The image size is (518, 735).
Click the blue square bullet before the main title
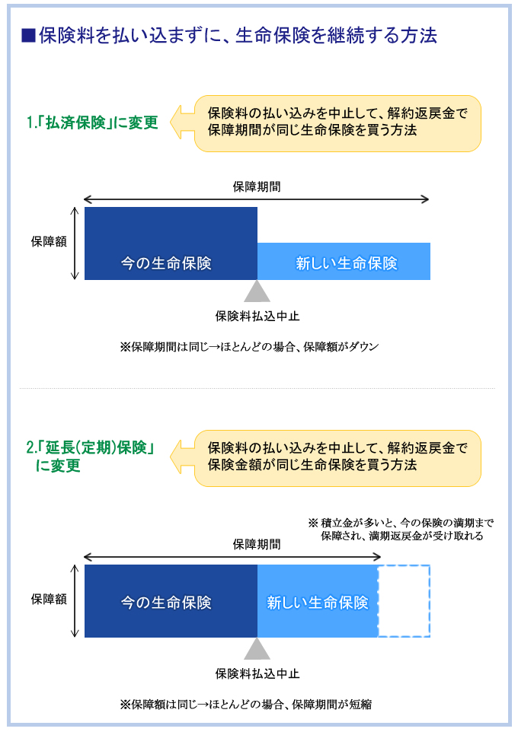(29, 36)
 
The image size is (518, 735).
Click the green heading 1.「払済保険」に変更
(92, 123)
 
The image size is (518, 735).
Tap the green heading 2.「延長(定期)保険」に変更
(91, 457)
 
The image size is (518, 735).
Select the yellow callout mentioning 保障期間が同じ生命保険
(337, 124)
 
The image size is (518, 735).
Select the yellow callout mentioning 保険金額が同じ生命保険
(337, 458)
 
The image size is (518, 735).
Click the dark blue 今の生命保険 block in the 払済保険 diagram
(171, 243)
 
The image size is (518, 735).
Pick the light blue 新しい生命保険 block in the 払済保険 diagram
(344, 261)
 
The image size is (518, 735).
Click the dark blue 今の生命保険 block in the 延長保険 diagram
(171, 601)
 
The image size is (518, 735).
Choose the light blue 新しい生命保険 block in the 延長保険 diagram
(318, 601)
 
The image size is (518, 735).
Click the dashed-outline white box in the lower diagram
(404, 566)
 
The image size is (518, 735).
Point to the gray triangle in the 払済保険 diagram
(257, 291)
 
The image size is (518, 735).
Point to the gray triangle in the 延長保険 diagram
(257, 649)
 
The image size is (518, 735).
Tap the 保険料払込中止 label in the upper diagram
(257, 317)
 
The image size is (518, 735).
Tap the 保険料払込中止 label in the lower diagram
(257, 674)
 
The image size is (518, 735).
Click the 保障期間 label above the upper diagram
(257, 187)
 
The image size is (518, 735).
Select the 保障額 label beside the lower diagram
(49, 599)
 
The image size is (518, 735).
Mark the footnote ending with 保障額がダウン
(249, 347)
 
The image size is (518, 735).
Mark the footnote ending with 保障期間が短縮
(246, 705)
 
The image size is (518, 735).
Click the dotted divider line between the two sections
(257, 389)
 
